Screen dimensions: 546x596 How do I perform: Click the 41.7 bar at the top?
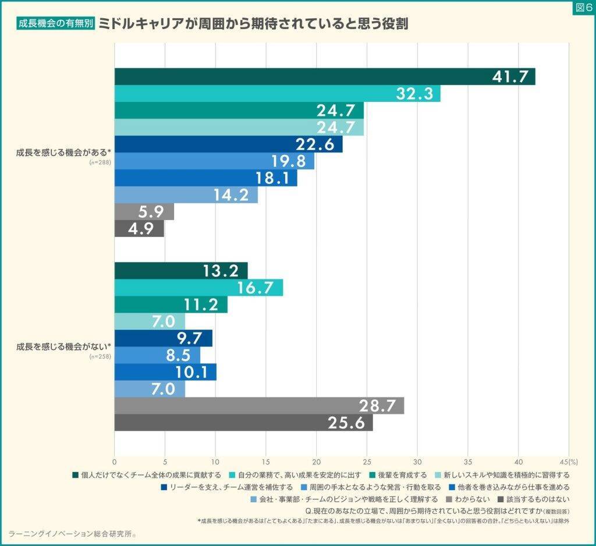tap(324, 77)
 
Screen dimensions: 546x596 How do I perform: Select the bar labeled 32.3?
tap(277, 94)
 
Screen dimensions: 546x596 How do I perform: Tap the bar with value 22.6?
tap(228, 144)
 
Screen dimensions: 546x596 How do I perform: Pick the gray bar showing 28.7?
tap(259, 406)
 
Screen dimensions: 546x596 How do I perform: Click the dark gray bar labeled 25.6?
tap(243, 423)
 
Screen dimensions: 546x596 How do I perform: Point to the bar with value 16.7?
tap(198, 288)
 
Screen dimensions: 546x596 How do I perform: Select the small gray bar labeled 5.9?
tap(144, 212)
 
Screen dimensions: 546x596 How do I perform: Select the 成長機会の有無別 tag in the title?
tap(56, 24)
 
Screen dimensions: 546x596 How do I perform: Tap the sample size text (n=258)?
tap(100, 357)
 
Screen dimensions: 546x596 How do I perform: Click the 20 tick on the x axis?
tap(317, 459)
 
